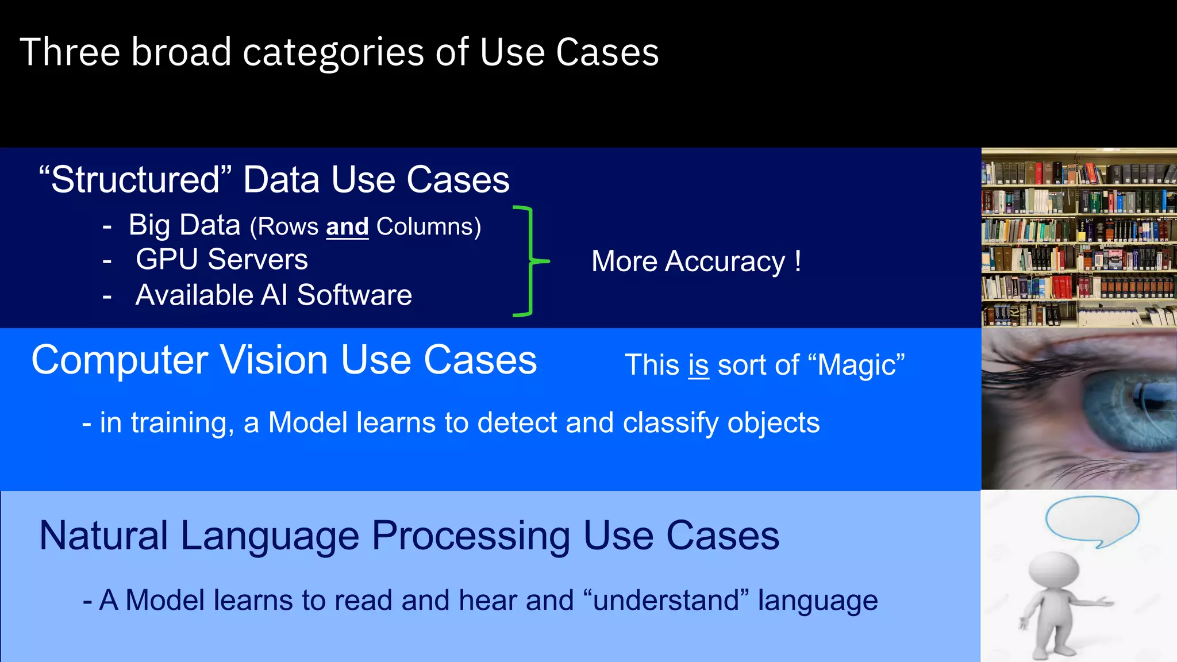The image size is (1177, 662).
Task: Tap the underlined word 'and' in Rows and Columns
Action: pos(347,226)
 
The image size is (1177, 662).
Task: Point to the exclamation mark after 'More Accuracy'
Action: pos(798,261)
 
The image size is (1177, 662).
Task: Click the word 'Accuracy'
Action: pos(725,262)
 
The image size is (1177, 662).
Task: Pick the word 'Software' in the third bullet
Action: pos(354,295)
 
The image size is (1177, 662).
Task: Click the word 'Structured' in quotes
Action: pos(135,180)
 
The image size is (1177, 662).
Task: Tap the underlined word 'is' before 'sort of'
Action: pos(698,365)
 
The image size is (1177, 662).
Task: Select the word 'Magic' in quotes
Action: pos(856,365)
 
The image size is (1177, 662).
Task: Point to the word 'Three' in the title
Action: pos(70,53)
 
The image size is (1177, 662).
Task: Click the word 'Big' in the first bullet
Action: pos(149,225)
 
